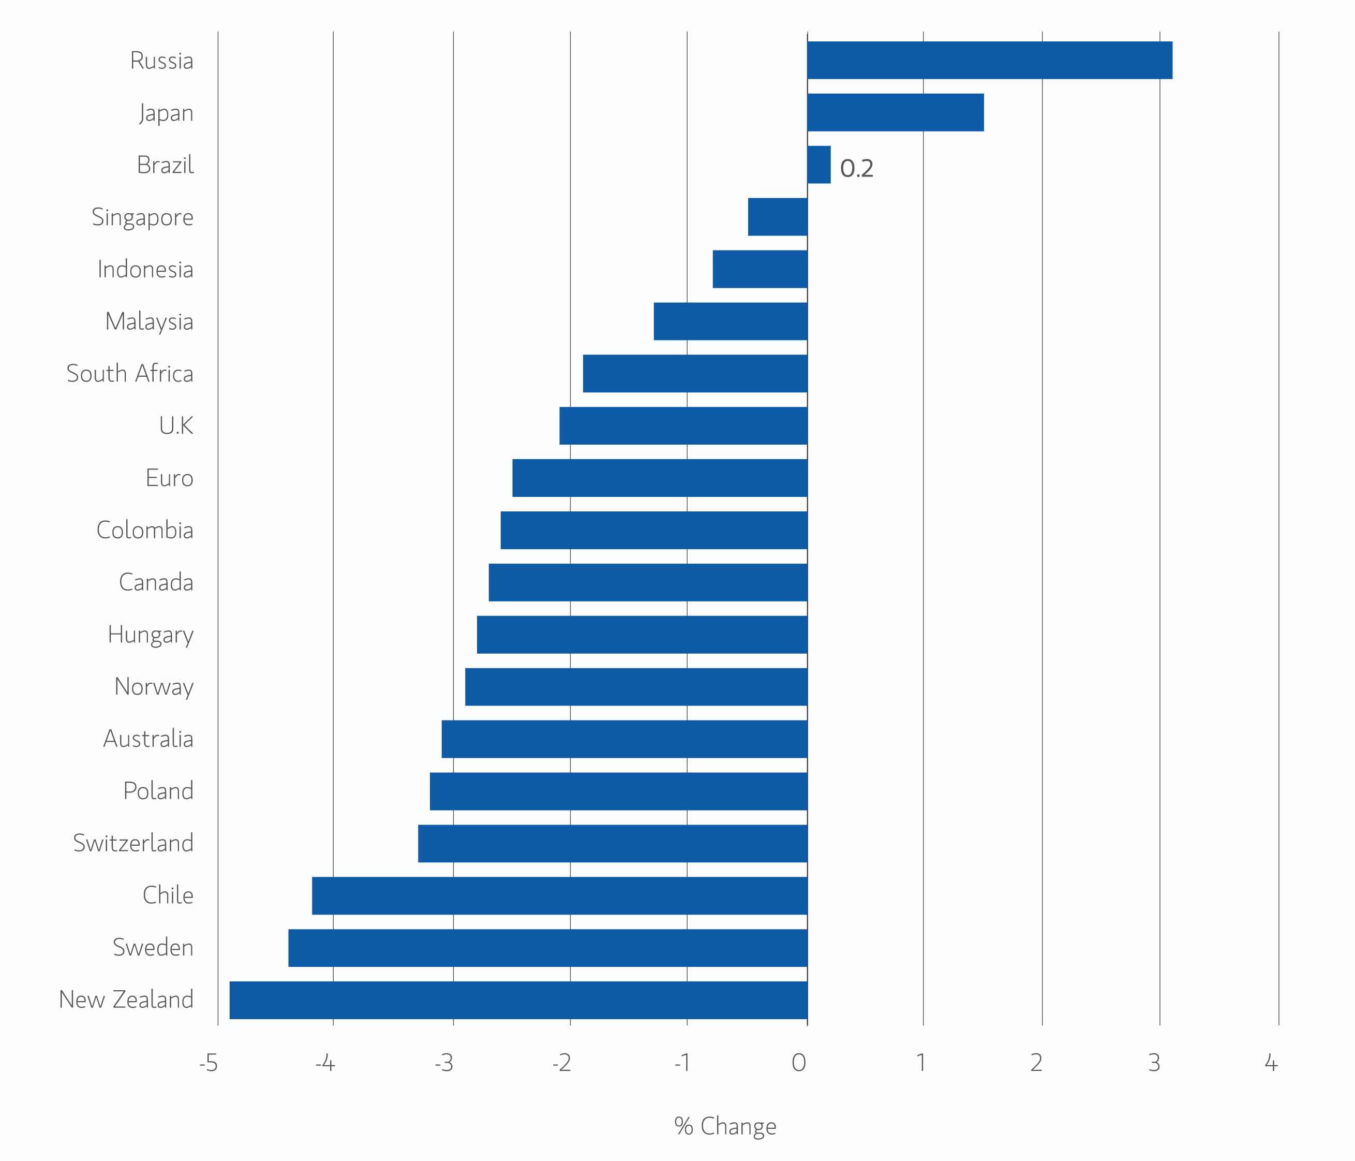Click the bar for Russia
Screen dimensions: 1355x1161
(x=989, y=60)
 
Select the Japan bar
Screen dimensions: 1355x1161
(x=895, y=112)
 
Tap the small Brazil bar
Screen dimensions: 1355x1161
(x=819, y=165)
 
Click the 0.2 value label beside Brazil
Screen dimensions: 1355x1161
(x=857, y=168)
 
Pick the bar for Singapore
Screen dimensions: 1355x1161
(x=778, y=216)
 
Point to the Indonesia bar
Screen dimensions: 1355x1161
(x=760, y=269)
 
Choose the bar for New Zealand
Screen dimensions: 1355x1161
(x=518, y=1000)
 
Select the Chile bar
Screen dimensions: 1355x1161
(x=560, y=895)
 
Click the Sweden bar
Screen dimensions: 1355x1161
(x=548, y=948)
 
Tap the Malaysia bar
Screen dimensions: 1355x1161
(x=731, y=321)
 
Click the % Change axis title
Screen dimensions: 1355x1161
(x=725, y=1126)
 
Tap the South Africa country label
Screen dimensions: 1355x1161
(x=130, y=374)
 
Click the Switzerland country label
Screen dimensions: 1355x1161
(x=133, y=843)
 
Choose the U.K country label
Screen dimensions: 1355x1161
(x=176, y=426)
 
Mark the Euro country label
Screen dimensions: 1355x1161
(x=169, y=478)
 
